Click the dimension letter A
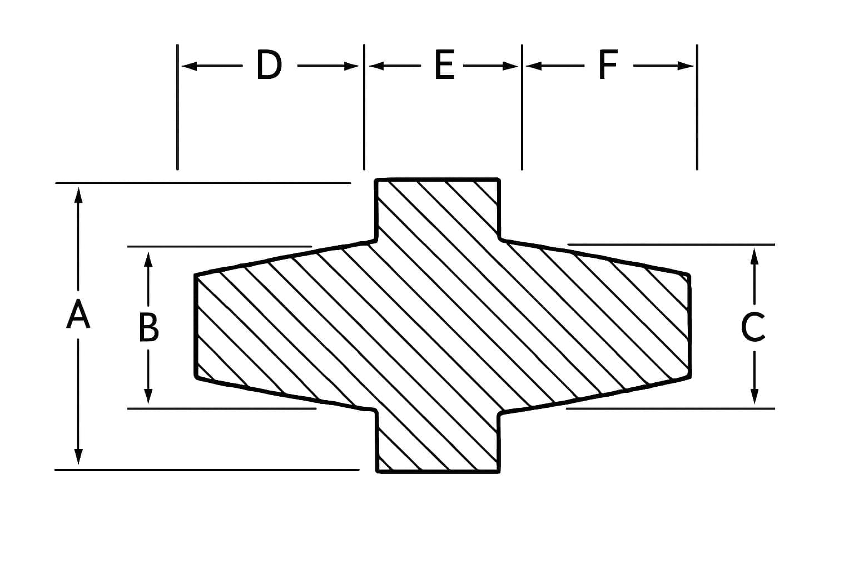tap(78, 314)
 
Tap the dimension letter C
tap(753, 326)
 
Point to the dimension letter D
tap(270, 66)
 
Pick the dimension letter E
tap(445, 66)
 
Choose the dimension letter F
tap(608, 66)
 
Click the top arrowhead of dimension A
tap(78, 194)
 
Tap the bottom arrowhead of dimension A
tap(78, 457)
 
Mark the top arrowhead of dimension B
tap(148, 259)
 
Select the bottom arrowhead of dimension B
tap(148, 396)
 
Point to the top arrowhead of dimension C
tap(754, 256)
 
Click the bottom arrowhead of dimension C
tap(754, 396)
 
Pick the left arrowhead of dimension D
tap(190, 66)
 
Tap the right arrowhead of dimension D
tap(351, 66)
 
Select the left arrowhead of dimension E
tap(376, 66)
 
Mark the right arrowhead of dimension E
tap(510, 66)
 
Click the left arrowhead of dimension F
tap(534, 66)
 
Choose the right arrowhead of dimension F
tap(686, 66)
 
